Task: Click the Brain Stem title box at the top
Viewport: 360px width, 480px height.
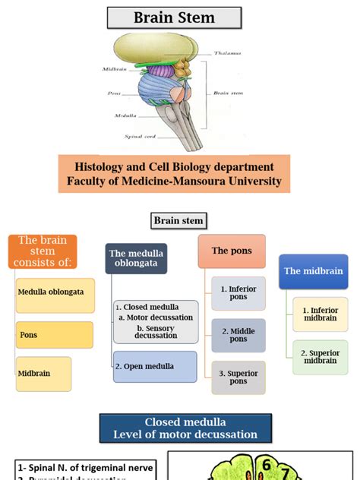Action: click(174, 18)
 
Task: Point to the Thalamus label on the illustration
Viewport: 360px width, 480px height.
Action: click(226, 54)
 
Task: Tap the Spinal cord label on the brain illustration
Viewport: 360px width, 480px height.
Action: click(141, 137)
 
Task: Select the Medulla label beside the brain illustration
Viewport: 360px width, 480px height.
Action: click(125, 116)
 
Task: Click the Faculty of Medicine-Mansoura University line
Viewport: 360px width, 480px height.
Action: click(174, 181)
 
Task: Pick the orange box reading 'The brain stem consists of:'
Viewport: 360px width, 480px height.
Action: click(43, 251)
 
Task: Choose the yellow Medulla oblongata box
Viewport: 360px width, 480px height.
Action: click(46, 292)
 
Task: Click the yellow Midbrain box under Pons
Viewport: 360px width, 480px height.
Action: click(44, 374)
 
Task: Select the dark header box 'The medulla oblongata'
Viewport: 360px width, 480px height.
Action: click(136, 259)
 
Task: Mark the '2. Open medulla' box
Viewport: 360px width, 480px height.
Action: click(155, 366)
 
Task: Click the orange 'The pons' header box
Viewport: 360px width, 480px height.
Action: click(231, 251)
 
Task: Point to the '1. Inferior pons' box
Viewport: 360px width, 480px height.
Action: click(238, 293)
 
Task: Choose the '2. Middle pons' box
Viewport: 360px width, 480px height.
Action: click(238, 335)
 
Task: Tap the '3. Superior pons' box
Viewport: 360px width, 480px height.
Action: click(238, 377)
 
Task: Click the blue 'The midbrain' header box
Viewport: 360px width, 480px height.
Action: click(313, 270)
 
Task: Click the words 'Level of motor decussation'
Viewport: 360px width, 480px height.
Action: click(185, 434)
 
